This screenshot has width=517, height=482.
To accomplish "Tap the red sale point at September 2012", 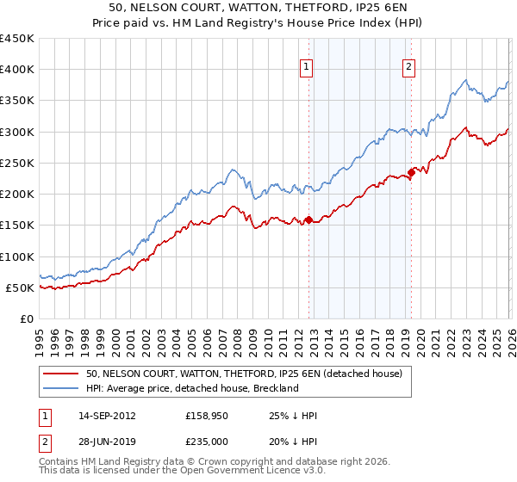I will (308, 220).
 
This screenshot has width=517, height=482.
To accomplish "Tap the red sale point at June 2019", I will (411, 173).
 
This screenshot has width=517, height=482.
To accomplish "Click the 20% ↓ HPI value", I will (293, 442).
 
